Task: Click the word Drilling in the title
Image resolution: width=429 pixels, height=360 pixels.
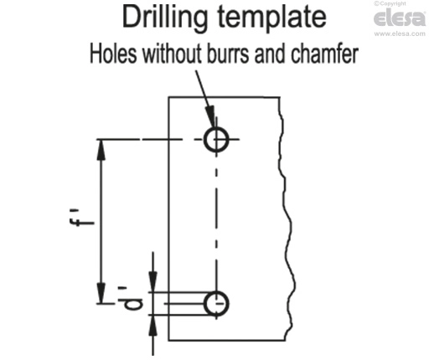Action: [165, 18]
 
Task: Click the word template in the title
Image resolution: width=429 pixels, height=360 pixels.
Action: [271, 18]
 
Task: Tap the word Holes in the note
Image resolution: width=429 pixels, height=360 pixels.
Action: [113, 54]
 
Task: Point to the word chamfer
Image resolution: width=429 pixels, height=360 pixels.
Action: [324, 54]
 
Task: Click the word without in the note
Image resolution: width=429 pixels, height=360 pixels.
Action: [172, 54]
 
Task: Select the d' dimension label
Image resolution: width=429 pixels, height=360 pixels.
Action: [132, 298]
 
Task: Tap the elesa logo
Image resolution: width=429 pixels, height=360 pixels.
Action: [400, 18]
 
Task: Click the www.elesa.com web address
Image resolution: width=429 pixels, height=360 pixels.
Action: [400, 33]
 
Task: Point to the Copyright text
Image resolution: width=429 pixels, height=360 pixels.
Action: [390, 3]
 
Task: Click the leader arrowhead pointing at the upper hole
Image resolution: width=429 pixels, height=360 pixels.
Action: [210, 115]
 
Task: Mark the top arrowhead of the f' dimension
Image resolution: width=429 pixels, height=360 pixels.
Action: [101, 150]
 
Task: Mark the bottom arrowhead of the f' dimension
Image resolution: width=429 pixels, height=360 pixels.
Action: [101, 293]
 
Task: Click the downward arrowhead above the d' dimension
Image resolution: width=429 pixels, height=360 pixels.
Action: [152, 282]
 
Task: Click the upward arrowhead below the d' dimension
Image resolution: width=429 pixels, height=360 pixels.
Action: [152, 325]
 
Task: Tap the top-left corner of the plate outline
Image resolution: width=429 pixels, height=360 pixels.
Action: [168, 97]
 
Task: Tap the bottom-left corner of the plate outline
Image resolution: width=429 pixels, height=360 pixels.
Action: [168, 340]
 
